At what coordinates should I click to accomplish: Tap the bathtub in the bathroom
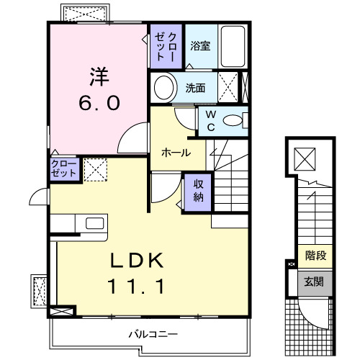pyautogui.click(x=233, y=45)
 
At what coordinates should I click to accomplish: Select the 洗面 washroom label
pyautogui.click(x=195, y=89)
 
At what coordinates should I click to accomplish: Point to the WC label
pyautogui.click(x=210, y=120)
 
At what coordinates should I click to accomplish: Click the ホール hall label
pyautogui.click(x=176, y=153)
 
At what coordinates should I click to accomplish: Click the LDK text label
pyautogui.click(x=137, y=260)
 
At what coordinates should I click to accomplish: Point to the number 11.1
pyautogui.click(x=137, y=287)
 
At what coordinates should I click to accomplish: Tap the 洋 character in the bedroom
pyautogui.click(x=99, y=75)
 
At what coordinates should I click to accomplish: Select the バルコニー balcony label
pyautogui.click(x=153, y=333)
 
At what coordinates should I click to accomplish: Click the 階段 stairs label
pyautogui.click(x=315, y=254)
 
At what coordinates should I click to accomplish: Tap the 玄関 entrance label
pyautogui.click(x=315, y=281)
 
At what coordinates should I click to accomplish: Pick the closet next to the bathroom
pyautogui.click(x=166, y=45)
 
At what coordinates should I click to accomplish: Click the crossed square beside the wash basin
pyautogui.click(x=229, y=89)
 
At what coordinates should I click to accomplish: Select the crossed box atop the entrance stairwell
pyautogui.click(x=304, y=156)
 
